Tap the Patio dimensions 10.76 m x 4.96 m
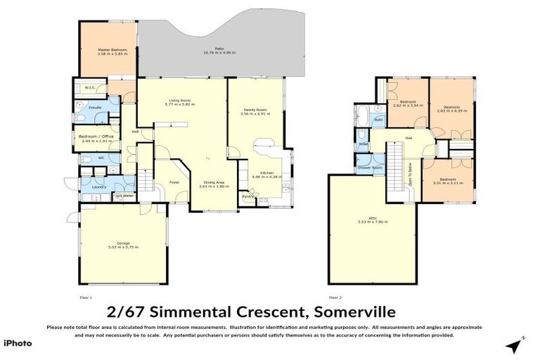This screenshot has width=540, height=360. point(220,53)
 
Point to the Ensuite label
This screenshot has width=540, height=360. point(95,108)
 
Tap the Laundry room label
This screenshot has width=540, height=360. point(98,187)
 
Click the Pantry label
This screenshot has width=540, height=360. point(247,196)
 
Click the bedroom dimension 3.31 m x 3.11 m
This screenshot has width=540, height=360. point(447,182)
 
